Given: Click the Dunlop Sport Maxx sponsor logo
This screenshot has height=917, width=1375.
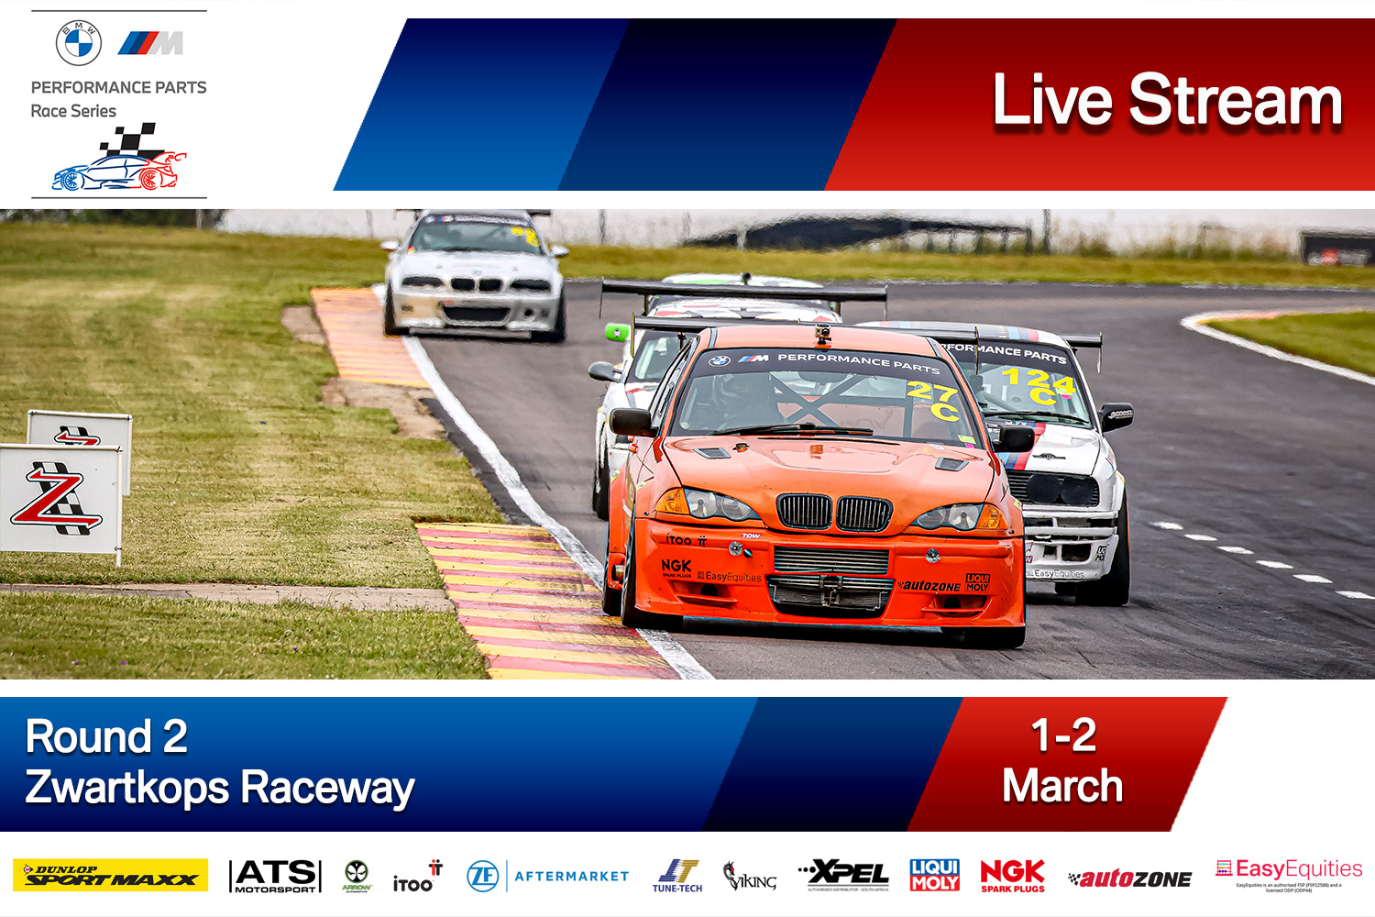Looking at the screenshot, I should [x=110, y=876].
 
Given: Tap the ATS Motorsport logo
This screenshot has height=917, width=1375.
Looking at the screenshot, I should [x=275, y=876].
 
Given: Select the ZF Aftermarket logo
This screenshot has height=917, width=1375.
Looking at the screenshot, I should [x=548, y=877].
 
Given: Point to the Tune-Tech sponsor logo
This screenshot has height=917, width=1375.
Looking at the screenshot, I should [x=677, y=876].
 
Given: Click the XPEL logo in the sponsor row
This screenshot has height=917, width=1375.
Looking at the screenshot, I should [x=843, y=875].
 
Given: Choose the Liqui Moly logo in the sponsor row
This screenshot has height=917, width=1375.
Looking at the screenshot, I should [x=934, y=875].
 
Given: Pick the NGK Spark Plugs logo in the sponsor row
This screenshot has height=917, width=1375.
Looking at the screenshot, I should [x=1012, y=875].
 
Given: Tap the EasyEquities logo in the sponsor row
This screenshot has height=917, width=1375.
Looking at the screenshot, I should [x=1289, y=870].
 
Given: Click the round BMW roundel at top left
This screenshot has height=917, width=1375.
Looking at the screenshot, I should [x=79, y=43].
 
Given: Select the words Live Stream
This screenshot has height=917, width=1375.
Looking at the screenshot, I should [x=1167, y=100].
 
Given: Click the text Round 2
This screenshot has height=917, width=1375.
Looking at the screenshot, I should [x=106, y=736].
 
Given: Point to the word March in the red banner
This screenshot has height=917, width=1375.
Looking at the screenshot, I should [x=1062, y=786].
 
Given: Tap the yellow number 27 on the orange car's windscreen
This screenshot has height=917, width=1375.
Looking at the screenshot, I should [x=931, y=392].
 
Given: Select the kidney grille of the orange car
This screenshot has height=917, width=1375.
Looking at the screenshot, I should [x=833, y=512].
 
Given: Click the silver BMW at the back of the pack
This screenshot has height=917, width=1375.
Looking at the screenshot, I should [x=474, y=275].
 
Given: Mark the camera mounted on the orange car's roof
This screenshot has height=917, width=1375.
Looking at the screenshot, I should [x=822, y=334].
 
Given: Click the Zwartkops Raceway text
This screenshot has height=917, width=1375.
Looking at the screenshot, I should [x=220, y=788].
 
